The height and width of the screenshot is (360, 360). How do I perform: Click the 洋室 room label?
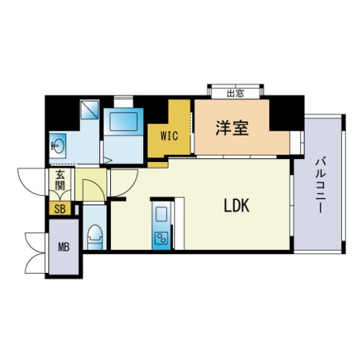click(232, 127)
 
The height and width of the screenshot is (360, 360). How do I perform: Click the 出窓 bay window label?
click(235, 94)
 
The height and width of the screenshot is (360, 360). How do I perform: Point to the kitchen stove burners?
click(161, 239)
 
